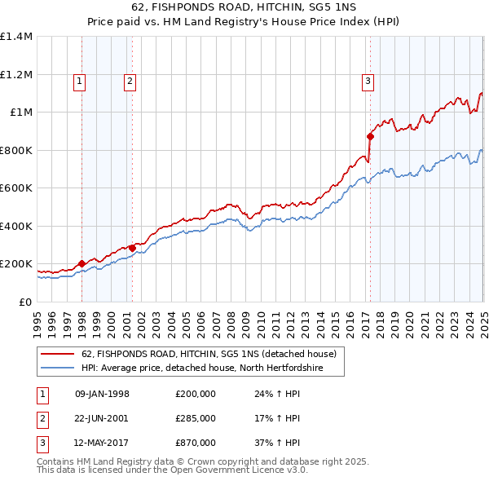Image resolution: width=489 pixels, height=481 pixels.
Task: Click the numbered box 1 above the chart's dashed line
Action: (x=80, y=80)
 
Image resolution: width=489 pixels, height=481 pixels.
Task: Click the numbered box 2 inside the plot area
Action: (x=130, y=80)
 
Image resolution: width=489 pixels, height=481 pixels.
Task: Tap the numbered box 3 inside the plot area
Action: (x=368, y=80)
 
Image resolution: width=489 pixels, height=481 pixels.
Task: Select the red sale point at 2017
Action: (x=370, y=137)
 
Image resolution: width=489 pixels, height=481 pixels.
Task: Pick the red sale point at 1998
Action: (x=81, y=264)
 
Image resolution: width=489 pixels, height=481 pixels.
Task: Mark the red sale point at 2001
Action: (x=132, y=248)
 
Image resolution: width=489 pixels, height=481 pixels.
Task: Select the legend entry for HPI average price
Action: (x=201, y=368)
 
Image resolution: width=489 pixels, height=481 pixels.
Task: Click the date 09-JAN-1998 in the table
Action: (x=102, y=394)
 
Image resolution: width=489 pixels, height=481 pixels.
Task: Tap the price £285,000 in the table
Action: (x=195, y=418)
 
